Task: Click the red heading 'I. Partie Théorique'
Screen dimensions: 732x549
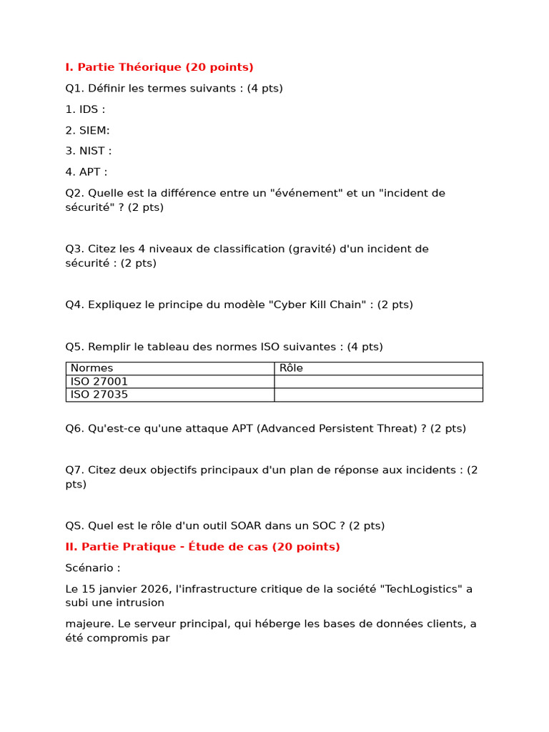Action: pyautogui.click(x=159, y=67)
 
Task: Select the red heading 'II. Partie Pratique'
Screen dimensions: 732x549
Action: pyautogui.click(x=202, y=547)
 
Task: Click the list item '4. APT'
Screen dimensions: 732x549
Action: pyautogui.click(x=86, y=172)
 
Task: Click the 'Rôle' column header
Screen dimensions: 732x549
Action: pyautogui.click(x=291, y=368)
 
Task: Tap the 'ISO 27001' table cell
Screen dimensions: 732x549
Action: pyautogui.click(x=99, y=382)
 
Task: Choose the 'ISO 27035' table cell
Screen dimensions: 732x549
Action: pyautogui.click(x=99, y=395)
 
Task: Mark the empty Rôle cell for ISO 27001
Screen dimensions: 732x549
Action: pyautogui.click(x=378, y=382)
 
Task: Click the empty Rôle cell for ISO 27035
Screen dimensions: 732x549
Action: pyautogui.click(x=378, y=395)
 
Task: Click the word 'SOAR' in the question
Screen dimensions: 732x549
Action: pyautogui.click(x=247, y=525)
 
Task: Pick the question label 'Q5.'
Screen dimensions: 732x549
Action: pyautogui.click(x=74, y=347)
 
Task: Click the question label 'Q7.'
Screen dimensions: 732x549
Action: pyautogui.click(x=74, y=470)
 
